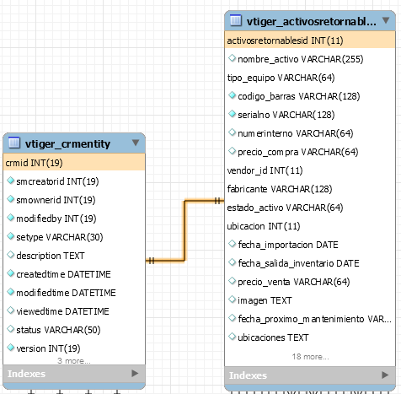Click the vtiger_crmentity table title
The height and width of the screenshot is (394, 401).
(x=67, y=143)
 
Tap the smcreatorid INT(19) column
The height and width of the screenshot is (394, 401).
(x=57, y=181)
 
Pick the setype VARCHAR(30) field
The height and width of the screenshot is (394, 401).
(x=60, y=237)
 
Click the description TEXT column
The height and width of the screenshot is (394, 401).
(x=51, y=256)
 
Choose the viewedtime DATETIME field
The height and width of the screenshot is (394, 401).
(x=62, y=311)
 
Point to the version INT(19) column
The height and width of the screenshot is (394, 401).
(x=48, y=348)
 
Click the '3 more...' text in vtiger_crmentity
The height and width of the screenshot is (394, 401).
(x=74, y=361)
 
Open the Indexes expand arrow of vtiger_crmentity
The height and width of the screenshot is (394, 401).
(x=135, y=373)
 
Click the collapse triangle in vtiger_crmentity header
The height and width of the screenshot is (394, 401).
(x=136, y=143)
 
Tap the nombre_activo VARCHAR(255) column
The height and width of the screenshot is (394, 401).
(x=301, y=59)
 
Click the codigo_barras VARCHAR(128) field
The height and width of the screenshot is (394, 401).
(x=299, y=96)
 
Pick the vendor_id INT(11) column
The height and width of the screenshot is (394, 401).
(x=265, y=170)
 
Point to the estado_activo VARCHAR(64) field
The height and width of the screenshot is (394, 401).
(x=285, y=208)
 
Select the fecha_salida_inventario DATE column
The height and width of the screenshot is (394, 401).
(x=298, y=263)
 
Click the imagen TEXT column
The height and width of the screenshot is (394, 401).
(x=265, y=300)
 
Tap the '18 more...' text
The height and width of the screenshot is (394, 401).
(x=310, y=357)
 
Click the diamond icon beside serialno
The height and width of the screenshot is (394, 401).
(x=232, y=114)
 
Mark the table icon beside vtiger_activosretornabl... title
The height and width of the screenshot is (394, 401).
(x=235, y=20)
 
